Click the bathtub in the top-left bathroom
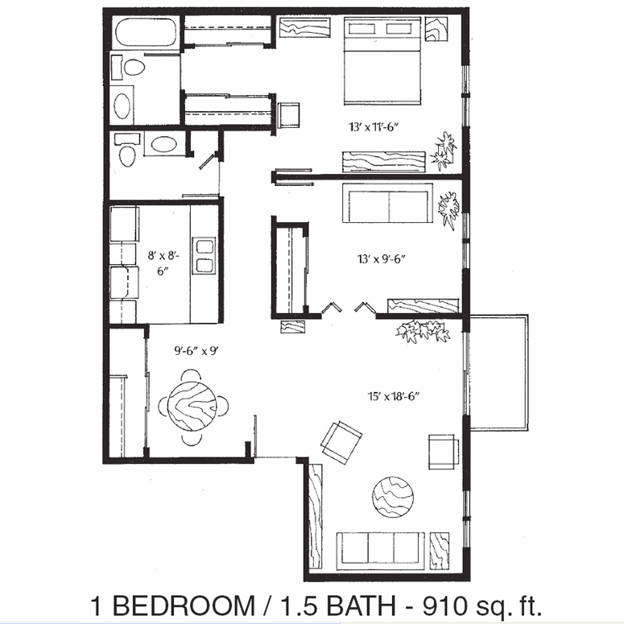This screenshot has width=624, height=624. pyautogui.click(x=145, y=32)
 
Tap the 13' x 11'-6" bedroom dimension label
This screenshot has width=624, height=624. pyautogui.click(x=374, y=127)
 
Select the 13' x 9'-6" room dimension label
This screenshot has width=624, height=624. pyautogui.click(x=382, y=259)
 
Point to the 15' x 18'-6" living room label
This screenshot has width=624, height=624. pyautogui.click(x=394, y=396)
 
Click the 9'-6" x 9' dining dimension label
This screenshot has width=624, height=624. pyautogui.click(x=196, y=350)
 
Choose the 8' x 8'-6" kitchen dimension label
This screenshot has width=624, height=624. pyautogui.click(x=163, y=262)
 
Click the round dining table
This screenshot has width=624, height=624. pyautogui.click(x=192, y=406)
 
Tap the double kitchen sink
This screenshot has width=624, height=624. pyautogui.click(x=204, y=255)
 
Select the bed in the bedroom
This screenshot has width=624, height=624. pyautogui.click(x=382, y=61)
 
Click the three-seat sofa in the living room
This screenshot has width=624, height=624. pyautogui.click(x=381, y=552)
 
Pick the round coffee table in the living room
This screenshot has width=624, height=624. pyautogui.click(x=393, y=497)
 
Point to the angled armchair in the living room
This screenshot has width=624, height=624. pyautogui.click(x=341, y=442)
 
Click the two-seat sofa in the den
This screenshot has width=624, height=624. pyautogui.click(x=387, y=203)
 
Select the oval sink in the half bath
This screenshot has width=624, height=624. pyautogui.click(x=163, y=143)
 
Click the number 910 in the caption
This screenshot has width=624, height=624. pyautogui.click(x=445, y=605)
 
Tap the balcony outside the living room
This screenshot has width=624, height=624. pyautogui.click(x=499, y=372)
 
